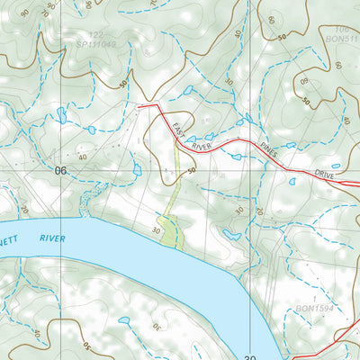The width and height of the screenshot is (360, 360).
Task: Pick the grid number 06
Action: point(61,170)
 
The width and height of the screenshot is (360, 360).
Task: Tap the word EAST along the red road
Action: point(180,124)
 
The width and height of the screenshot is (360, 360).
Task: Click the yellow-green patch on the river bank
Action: point(172,229)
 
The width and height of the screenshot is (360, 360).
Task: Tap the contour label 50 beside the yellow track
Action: point(192,170)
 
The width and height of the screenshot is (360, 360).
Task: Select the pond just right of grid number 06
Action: point(137,169)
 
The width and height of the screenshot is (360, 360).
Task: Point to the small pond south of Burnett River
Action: point(124,319)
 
